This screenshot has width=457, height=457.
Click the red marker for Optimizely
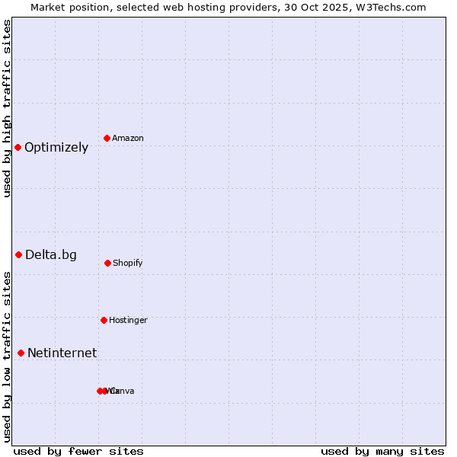[18, 147]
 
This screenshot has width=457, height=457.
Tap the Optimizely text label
[56, 148]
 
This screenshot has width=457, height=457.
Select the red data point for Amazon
[107, 138]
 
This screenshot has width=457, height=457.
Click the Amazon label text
[128, 139]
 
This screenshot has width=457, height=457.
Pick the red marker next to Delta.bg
[18, 254]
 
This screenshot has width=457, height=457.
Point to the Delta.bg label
[51, 255]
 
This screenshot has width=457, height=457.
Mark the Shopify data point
[107, 263]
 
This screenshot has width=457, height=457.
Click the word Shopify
[128, 264]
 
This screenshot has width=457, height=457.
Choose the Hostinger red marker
[104, 320]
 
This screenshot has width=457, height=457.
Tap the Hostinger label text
[128, 321]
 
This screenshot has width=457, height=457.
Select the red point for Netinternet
[21, 353]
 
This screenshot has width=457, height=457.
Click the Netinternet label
[62, 353]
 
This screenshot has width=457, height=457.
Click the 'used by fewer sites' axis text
[78, 451]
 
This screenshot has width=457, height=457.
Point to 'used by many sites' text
[382, 451]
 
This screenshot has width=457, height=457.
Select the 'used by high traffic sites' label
[7, 109]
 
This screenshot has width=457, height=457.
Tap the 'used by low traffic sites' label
[7, 356]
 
